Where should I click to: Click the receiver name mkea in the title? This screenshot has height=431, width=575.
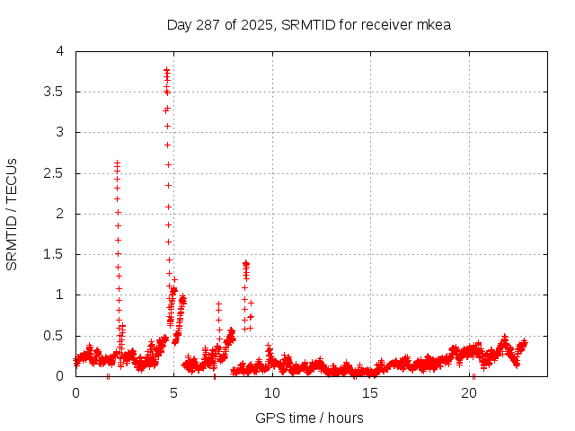[x=433, y=24]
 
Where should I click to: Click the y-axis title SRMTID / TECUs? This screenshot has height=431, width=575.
[x=12, y=214]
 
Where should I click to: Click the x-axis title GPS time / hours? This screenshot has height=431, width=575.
[x=309, y=418]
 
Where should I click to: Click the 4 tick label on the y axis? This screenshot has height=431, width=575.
[x=60, y=51]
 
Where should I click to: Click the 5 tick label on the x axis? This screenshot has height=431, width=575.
[x=174, y=393]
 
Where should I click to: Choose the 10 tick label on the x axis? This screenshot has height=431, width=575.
[x=272, y=393]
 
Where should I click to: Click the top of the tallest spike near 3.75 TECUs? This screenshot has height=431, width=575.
[x=167, y=70]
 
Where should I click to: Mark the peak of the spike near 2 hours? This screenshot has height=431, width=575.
[x=118, y=163]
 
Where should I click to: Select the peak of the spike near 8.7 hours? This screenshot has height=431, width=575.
[x=246, y=263]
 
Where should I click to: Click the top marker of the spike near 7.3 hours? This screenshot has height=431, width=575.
[x=218, y=303]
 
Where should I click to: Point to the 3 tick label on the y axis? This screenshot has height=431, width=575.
[x=60, y=132]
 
